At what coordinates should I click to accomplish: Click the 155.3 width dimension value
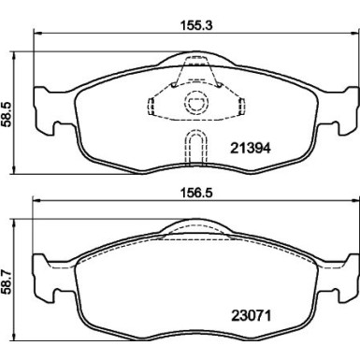[196, 25]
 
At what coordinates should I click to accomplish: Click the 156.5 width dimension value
[196, 193]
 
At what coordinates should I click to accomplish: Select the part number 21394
[251, 149]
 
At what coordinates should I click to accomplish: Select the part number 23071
[251, 316]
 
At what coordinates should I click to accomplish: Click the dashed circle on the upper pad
[196, 103]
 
